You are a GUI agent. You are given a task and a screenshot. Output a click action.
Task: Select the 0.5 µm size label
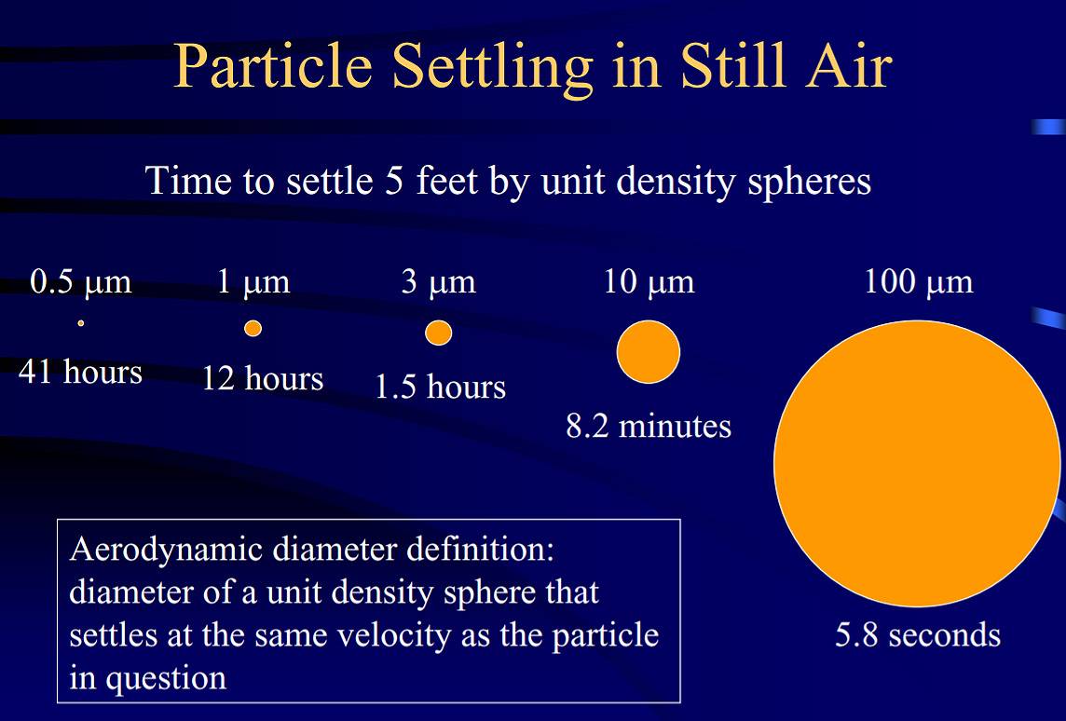coord(81,282)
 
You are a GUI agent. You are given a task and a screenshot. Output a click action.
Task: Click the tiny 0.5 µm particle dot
coord(81,323)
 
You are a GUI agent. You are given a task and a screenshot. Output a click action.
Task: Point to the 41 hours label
coord(80,373)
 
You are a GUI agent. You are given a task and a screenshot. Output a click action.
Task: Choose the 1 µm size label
coord(253,282)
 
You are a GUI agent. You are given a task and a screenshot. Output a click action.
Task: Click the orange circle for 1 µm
coord(253,328)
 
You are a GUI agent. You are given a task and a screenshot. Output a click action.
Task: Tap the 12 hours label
coord(263,378)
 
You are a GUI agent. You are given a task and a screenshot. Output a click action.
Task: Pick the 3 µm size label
coord(439,282)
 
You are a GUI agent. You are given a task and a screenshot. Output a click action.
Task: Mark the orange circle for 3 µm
coord(439,333)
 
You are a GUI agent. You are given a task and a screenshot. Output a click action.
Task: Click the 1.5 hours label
coord(441,387)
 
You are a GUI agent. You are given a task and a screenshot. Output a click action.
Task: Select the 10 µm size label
coord(649,282)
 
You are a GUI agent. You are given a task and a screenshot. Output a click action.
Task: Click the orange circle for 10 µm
coord(649,352)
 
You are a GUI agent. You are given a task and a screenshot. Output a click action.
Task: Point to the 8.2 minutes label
coord(649,427)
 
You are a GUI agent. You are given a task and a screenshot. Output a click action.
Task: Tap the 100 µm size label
coord(919,282)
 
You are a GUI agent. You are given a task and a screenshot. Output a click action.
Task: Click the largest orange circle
coord(917,464)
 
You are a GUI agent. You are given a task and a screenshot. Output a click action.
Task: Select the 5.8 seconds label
coord(918,635)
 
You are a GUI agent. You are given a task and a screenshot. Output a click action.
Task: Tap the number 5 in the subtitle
coord(394,182)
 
